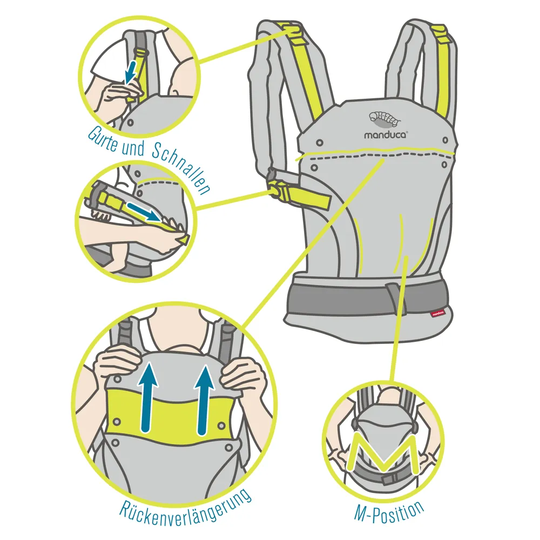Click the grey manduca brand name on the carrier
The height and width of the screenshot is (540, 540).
coord(386,134)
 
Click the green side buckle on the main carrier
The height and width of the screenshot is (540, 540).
coord(278,188)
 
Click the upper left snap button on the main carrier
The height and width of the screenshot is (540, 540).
coord(320,142)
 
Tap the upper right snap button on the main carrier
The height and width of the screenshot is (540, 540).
coord(446,140)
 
